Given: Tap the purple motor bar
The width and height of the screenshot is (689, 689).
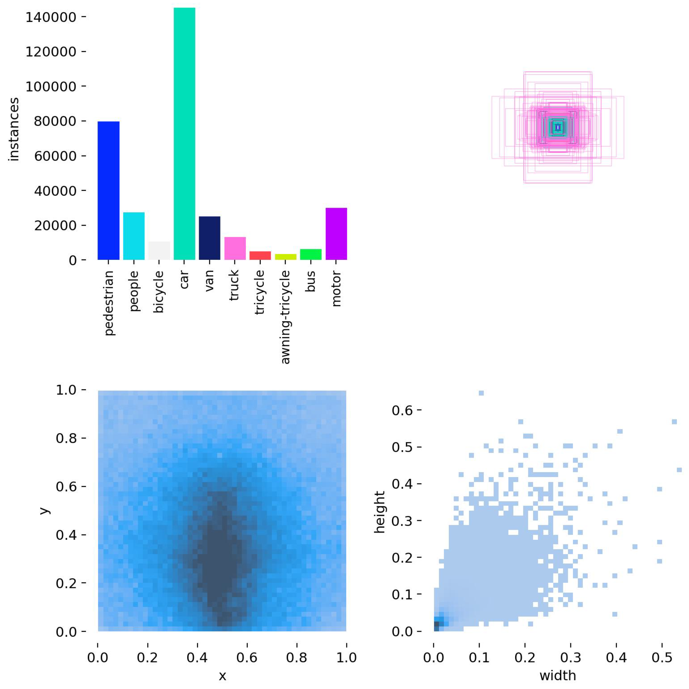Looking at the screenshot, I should pyautogui.click(x=336, y=233).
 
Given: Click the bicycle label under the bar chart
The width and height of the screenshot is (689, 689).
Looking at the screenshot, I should pyautogui.click(x=159, y=292).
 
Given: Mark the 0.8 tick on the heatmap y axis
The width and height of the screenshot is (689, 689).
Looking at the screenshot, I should pyautogui.click(x=66, y=438).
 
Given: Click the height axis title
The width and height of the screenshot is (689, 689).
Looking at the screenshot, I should pyautogui.click(x=380, y=512).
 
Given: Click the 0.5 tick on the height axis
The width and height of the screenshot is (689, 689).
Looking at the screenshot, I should pyautogui.click(x=402, y=447).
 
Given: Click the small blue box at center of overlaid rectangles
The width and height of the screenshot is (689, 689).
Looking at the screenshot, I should pyautogui.click(x=558, y=127).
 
